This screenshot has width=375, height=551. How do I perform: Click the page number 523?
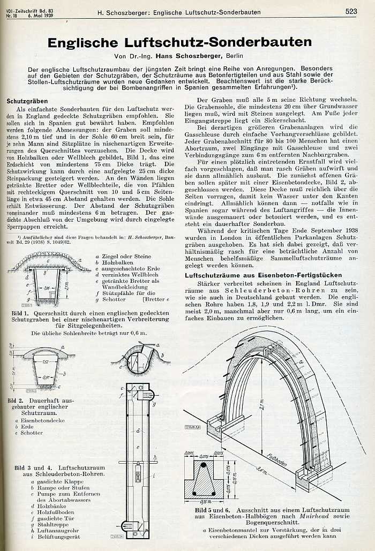pos(351,11)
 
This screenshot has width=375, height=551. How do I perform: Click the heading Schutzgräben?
pos(27,101)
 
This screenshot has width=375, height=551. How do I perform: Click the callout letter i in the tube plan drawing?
pos(154,475)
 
